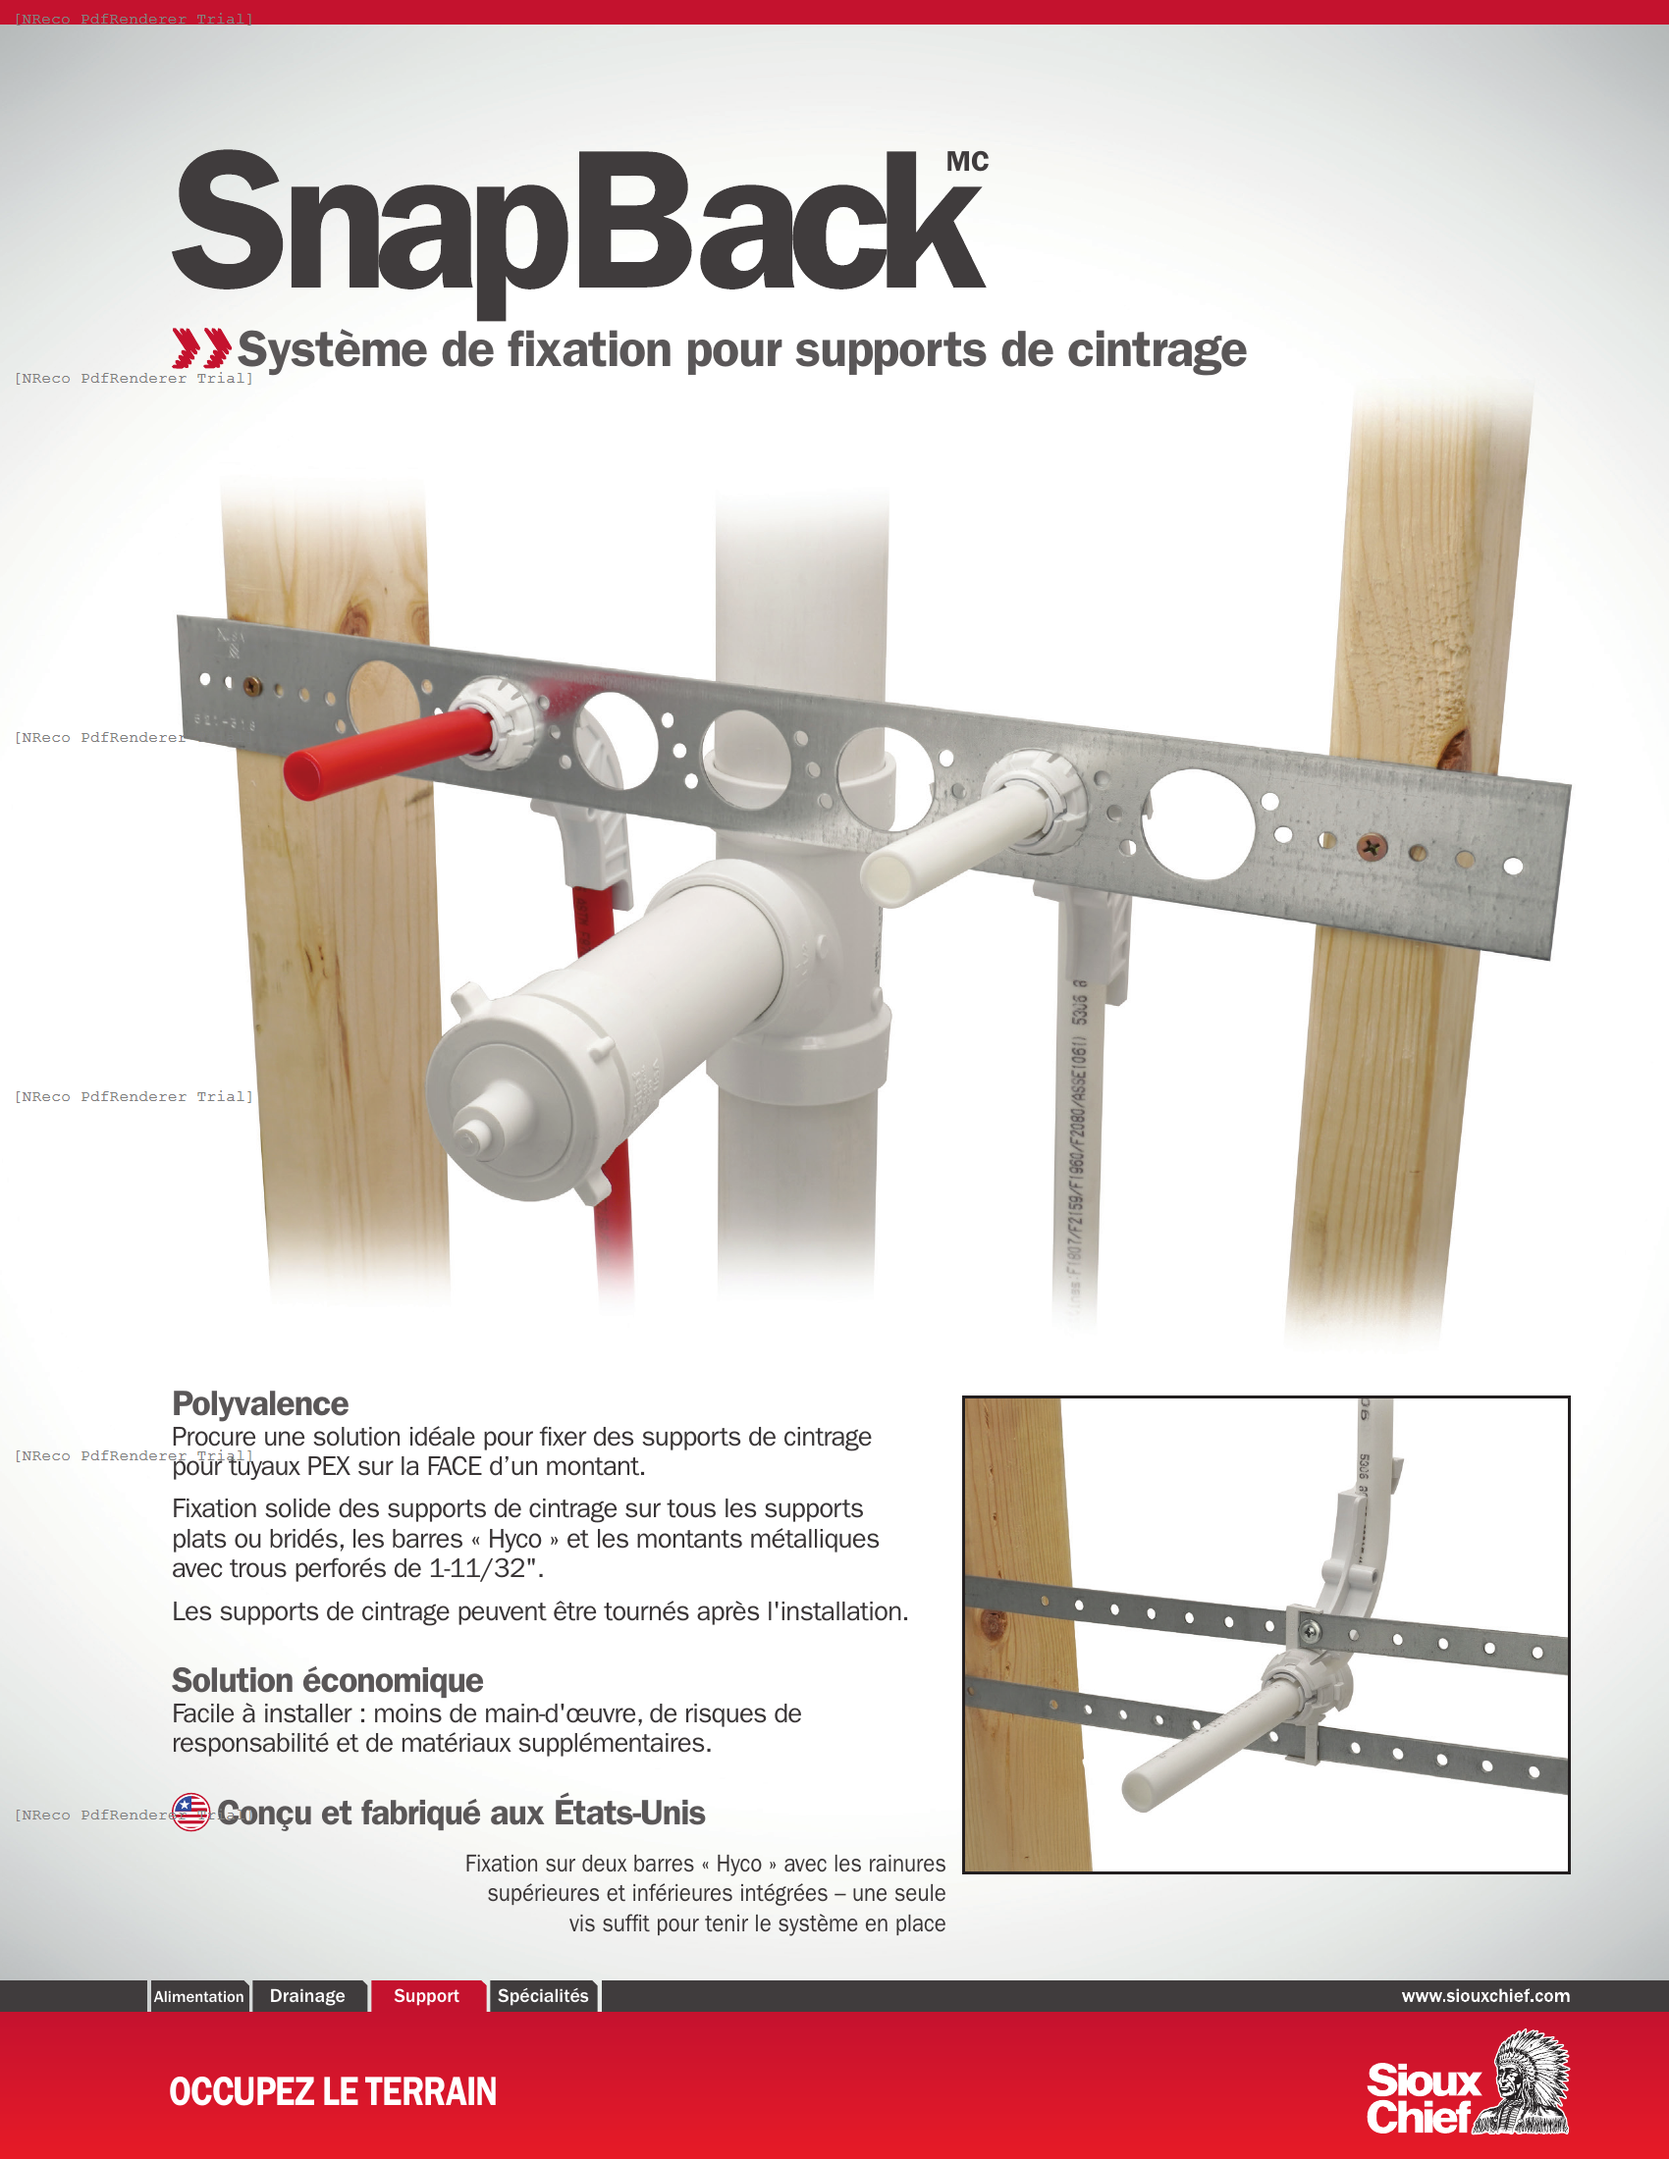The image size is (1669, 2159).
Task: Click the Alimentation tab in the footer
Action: pyautogui.click(x=198, y=1996)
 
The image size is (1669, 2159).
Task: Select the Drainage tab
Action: pyautogui.click(x=307, y=1995)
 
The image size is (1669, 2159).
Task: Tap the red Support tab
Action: pyautogui.click(x=426, y=1995)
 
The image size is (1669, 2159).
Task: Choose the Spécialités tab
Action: pyautogui.click(x=543, y=1995)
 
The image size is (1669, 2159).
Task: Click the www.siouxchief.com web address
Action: pyautogui.click(x=1485, y=1995)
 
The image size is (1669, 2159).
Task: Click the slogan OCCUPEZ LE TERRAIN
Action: pyautogui.click(x=332, y=2090)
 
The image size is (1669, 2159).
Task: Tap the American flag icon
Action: pyautogui.click(x=190, y=1812)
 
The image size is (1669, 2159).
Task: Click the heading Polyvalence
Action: pyautogui.click(x=260, y=1403)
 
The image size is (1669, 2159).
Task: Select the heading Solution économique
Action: pyautogui.click(x=327, y=1680)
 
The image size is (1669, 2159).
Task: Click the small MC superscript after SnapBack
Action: pyautogui.click(x=967, y=162)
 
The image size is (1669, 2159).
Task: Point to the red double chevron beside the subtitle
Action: pyautogui.click(x=201, y=348)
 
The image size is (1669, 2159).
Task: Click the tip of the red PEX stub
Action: pyautogui.click(x=300, y=776)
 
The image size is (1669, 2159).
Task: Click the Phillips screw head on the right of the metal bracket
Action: pyautogui.click(x=1373, y=846)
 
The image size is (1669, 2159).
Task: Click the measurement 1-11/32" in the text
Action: pyautogui.click(x=485, y=1569)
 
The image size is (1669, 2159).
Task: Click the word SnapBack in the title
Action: pyautogui.click(x=578, y=223)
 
